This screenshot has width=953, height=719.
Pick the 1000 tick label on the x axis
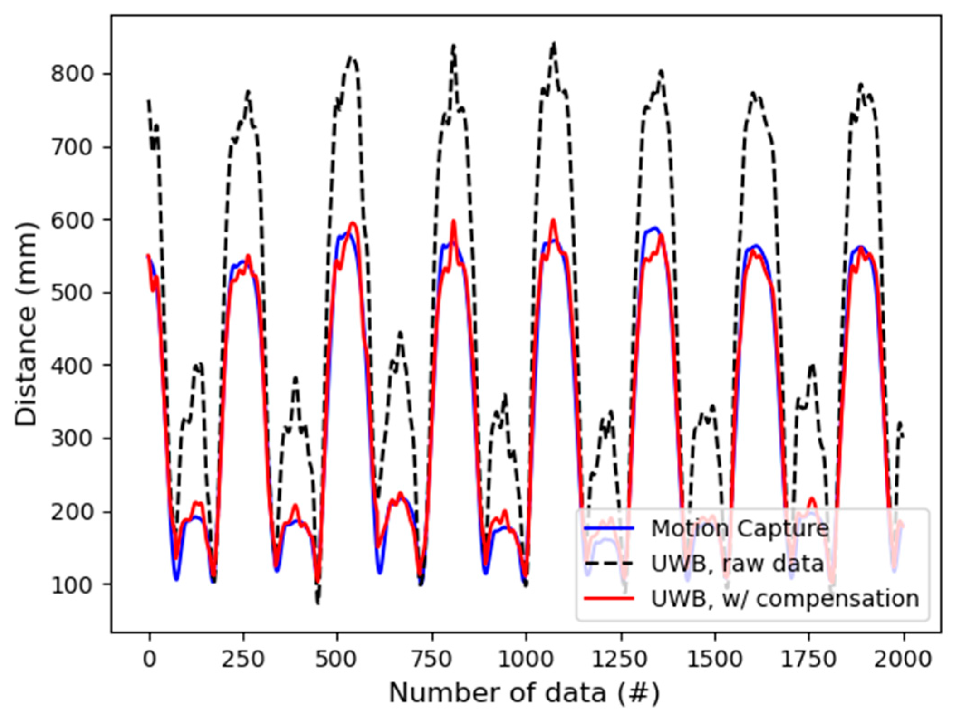[526, 659]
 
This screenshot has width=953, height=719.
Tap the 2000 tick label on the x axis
[903, 659]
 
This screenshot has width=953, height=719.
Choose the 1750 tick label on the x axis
[808, 659]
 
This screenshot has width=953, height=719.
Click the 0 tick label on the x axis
[149, 659]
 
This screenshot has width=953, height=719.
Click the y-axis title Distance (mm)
[26, 324]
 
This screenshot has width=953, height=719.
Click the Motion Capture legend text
[740, 528]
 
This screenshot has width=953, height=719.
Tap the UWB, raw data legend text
[737, 564]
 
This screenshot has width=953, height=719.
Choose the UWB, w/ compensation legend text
[785, 598]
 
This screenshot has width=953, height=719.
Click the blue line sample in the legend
[609, 528]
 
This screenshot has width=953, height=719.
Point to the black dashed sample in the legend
[609, 564]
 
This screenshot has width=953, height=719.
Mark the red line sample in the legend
[609, 598]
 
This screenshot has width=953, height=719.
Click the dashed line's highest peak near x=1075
[553, 44]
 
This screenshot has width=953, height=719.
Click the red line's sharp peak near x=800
[453, 221]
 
